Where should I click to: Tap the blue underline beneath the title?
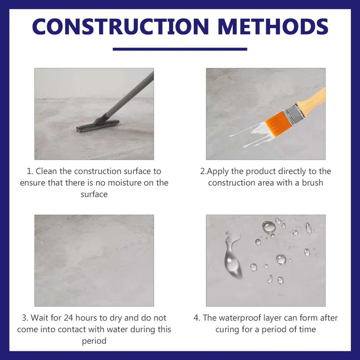point(180,49)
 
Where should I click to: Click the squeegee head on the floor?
point(97,125)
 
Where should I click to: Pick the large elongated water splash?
point(232,257)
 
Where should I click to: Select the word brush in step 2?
point(312,182)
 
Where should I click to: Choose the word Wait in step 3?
point(40,318)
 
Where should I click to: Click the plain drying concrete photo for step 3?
point(94,261)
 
